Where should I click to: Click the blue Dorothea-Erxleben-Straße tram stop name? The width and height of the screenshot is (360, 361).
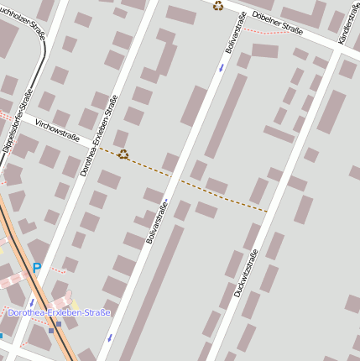pyautogui.click(x=59, y=312)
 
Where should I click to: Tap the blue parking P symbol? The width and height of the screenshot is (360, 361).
pyautogui.click(x=36, y=268)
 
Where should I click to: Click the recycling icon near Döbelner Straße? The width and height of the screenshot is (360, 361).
pyautogui.click(x=218, y=6)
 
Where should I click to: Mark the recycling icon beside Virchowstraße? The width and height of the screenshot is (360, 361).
pyautogui.click(x=123, y=154)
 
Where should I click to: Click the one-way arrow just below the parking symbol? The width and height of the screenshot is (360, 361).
pyautogui.click(x=33, y=301)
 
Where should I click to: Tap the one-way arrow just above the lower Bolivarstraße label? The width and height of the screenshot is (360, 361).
pyautogui.click(x=167, y=201)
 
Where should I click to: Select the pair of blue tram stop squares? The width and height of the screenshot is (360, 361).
pyautogui.click(x=55, y=327)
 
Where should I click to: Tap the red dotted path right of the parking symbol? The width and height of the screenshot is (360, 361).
pyautogui.click(x=56, y=270)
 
